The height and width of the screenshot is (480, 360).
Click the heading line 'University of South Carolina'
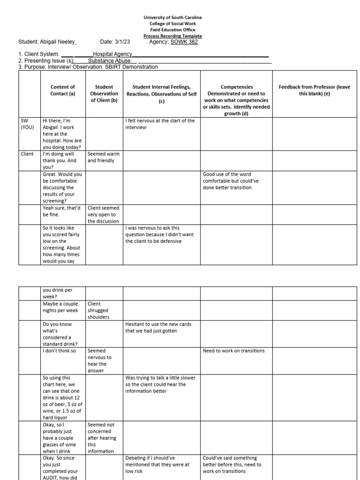[x=172, y=17]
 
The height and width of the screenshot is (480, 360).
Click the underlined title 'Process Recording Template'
[x=172, y=36]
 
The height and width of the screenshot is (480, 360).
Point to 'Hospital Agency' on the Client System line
[x=112, y=54]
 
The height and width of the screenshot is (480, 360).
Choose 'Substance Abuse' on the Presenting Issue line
[x=109, y=60]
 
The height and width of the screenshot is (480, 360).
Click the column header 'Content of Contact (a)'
[x=63, y=90]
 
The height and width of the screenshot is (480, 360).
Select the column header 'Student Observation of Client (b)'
[x=104, y=93]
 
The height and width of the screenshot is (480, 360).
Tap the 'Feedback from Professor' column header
[x=314, y=90]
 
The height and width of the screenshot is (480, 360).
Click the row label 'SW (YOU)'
[x=27, y=124]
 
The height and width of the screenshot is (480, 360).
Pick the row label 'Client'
[x=27, y=154]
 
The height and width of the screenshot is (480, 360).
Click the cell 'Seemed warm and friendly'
[x=104, y=157]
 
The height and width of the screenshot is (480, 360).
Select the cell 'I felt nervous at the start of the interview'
[x=159, y=124]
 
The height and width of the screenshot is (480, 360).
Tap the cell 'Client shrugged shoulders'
[x=98, y=310]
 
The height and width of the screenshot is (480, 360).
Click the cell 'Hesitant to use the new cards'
[x=158, y=327]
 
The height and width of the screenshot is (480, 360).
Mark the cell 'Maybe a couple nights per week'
[x=60, y=307]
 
